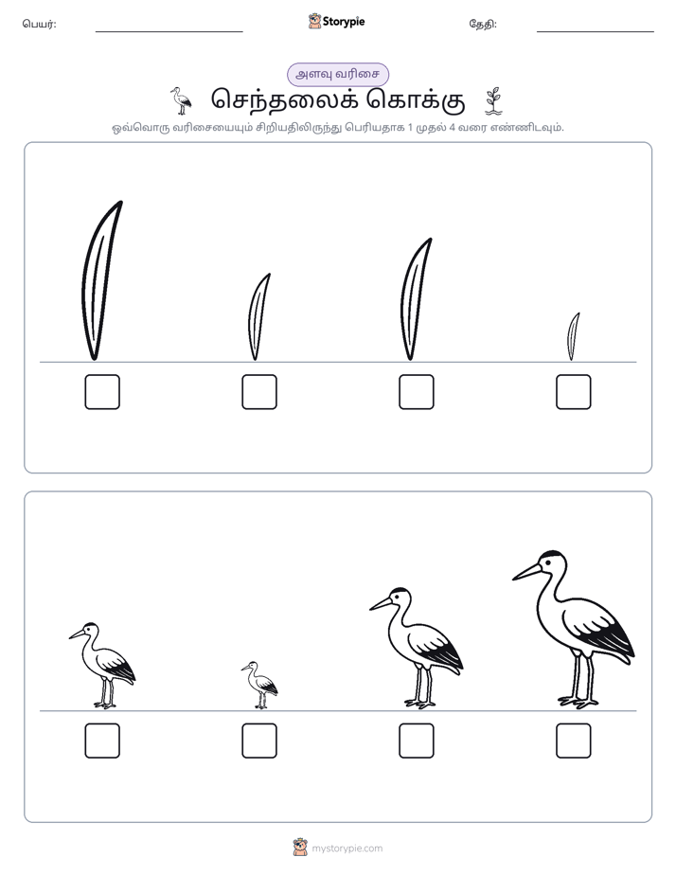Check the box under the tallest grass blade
pyautogui.click(x=102, y=392)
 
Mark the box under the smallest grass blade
pyautogui.click(x=574, y=392)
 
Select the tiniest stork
pyautogui.click(x=260, y=686)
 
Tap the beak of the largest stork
pyautogui.click(x=527, y=571)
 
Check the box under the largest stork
pyautogui.click(x=574, y=741)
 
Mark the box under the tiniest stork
pyautogui.click(x=259, y=741)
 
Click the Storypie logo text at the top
pyautogui.click(x=344, y=22)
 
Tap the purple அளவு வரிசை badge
pyautogui.click(x=337, y=74)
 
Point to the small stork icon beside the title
pyautogui.click(x=181, y=100)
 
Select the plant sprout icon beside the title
pyautogui.click(x=493, y=101)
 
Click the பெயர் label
pyautogui.click(x=39, y=24)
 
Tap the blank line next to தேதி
pyautogui.click(x=596, y=32)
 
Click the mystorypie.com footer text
pyautogui.click(x=347, y=848)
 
